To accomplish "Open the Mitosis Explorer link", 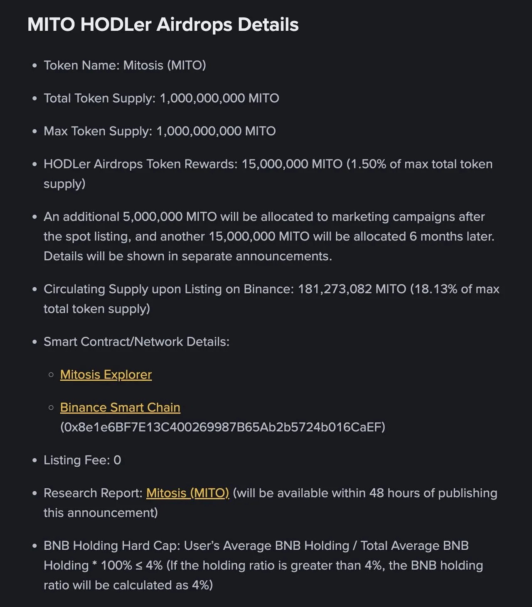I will (x=106, y=374).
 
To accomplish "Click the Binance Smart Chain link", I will (x=120, y=407).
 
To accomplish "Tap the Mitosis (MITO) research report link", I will (x=187, y=493).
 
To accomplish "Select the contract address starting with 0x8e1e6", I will (x=223, y=427).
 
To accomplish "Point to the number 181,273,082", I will (x=335, y=289).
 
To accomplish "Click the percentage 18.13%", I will (x=436, y=289).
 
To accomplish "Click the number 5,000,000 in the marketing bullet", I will (x=153, y=217).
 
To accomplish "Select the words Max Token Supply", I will (x=98, y=131).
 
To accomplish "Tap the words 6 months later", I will (x=452, y=237).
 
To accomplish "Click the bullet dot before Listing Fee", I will (x=34, y=460).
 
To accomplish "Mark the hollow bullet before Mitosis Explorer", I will (x=51, y=374).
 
